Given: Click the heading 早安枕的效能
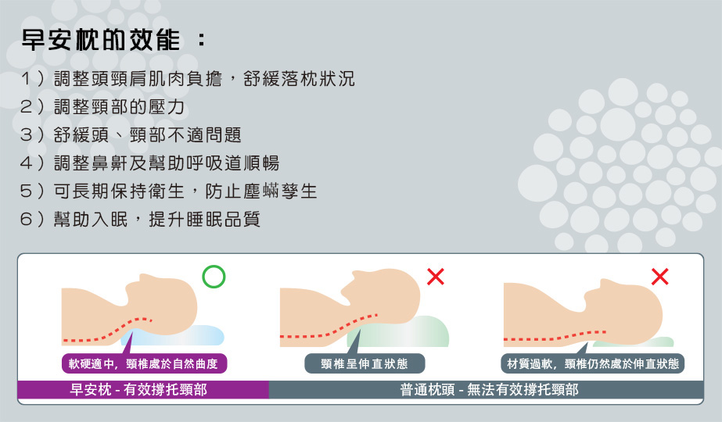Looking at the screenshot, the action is tap(101, 40).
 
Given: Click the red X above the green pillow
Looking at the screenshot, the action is tap(435, 277).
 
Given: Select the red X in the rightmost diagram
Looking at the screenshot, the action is tap(660, 277).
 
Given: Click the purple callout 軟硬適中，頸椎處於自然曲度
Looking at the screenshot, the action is tap(144, 363).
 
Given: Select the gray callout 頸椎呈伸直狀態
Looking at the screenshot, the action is tap(365, 363).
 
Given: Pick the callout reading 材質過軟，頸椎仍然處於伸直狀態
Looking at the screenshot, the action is tap(593, 363).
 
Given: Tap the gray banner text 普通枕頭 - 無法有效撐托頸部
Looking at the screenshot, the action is tap(489, 390).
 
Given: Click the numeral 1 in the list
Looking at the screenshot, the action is tap(26, 79).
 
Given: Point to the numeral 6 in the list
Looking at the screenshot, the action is tap(26, 219).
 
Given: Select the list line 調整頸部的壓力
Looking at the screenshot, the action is tap(119, 107).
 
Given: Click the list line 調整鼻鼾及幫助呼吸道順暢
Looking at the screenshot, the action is tap(167, 163).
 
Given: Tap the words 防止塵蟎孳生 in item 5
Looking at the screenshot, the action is tap(261, 191).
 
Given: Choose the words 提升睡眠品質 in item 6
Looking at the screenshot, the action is tap(204, 219).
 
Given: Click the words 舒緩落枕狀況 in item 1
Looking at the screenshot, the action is tap(299, 79).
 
